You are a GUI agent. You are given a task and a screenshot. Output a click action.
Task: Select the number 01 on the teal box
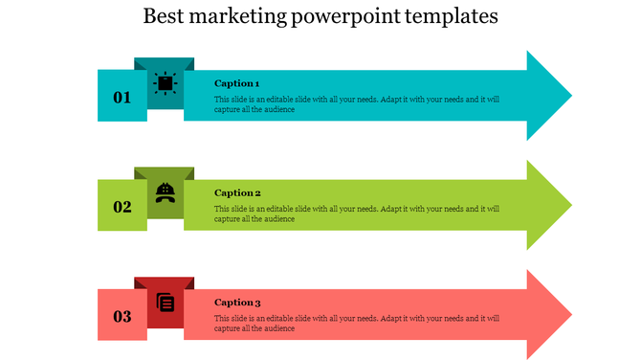click(122, 97)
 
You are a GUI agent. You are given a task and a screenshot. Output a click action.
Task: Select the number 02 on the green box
click(122, 207)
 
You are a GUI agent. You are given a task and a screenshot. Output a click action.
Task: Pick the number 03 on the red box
click(122, 317)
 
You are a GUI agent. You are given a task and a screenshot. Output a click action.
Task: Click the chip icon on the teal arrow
click(165, 83)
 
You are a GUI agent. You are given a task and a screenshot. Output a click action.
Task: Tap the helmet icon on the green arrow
click(165, 192)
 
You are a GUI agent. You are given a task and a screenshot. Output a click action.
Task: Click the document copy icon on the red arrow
click(166, 303)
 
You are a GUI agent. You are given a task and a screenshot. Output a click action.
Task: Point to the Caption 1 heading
click(236, 83)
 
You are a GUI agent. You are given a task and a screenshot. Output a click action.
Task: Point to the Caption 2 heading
click(236, 192)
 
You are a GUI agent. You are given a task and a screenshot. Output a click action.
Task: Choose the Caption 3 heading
click(237, 303)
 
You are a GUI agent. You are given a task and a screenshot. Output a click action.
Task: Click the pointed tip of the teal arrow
click(568, 96)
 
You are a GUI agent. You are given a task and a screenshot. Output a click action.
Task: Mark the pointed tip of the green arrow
click(568, 205)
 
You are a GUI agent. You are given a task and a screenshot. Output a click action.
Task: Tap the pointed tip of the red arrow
click(568, 315)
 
